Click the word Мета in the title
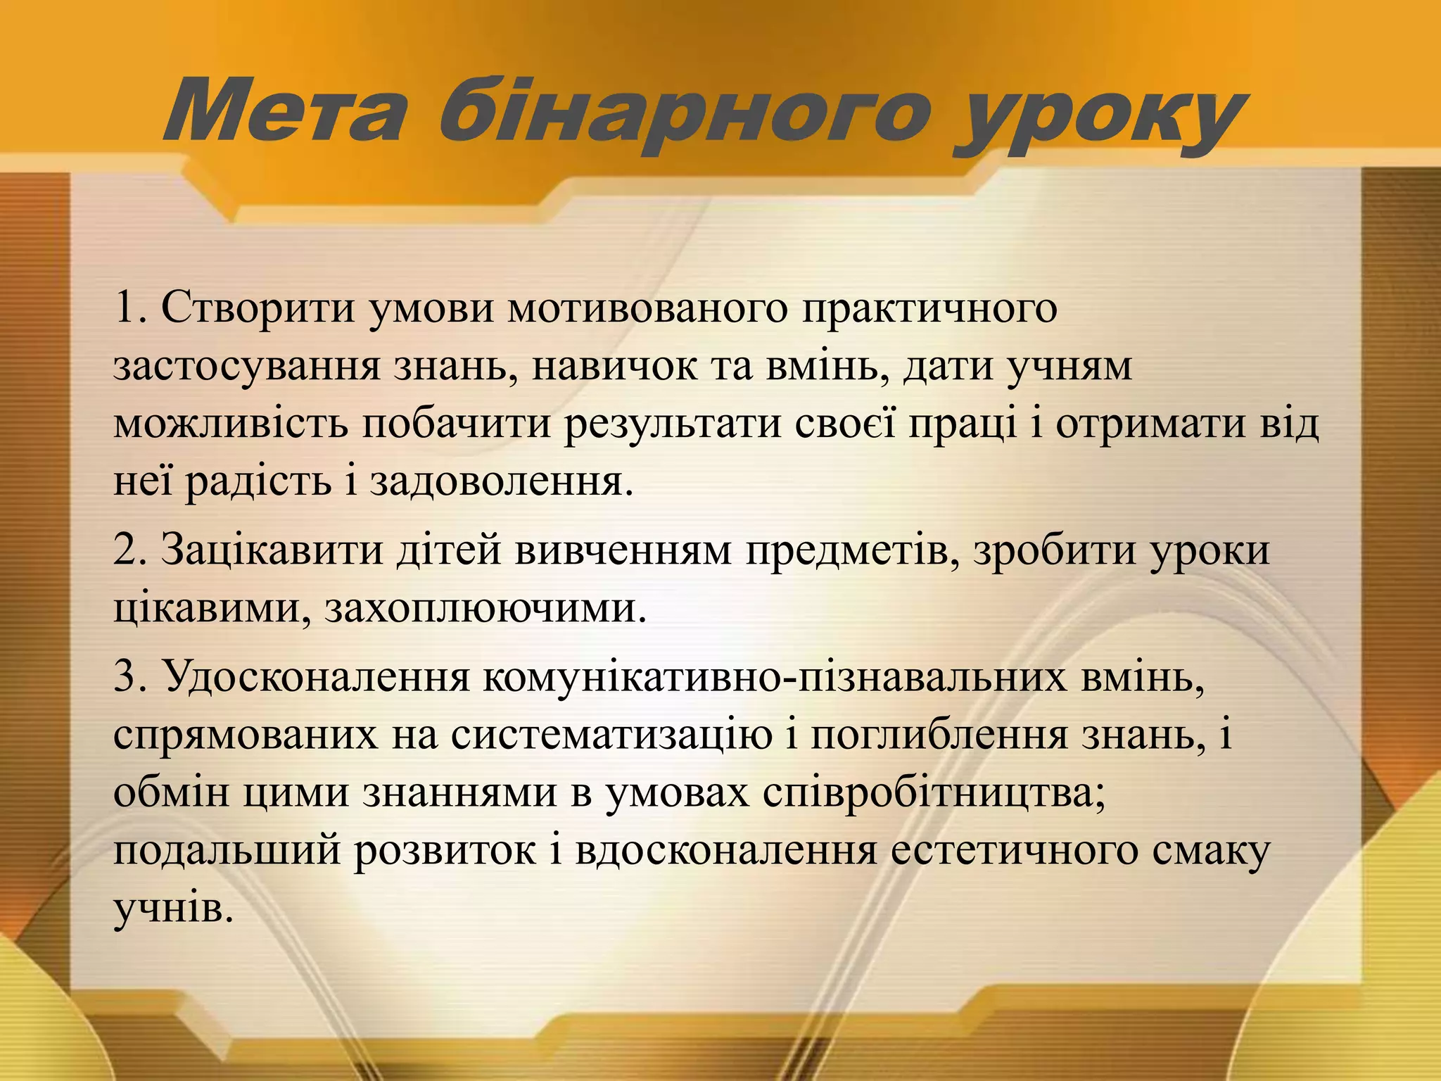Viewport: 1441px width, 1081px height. click(285, 113)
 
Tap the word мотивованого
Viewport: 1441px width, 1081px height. click(647, 308)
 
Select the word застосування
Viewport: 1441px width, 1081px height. click(246, 367)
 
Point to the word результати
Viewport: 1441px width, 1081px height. click(673, 425)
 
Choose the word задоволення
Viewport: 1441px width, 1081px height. click(497, 483)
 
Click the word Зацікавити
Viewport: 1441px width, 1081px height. click(272, 550)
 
